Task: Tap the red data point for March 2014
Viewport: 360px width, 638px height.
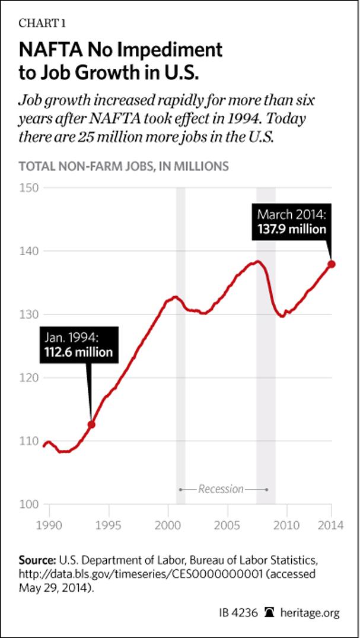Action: (332, 264)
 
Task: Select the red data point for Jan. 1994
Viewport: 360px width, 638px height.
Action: (91, 424)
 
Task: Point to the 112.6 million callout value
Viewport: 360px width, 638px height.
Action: (78, 353)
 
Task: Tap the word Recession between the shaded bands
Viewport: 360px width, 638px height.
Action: (221, 489)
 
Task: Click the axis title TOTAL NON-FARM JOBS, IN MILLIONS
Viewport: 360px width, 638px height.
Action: (124, 166)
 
